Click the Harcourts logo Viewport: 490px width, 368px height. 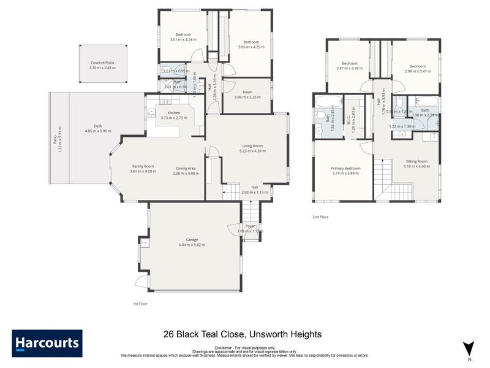tap(47, 343)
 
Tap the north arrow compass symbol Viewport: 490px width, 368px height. tap(469, 348)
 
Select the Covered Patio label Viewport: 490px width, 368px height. tap(102, 63)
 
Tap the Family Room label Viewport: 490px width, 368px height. tap(143, 166)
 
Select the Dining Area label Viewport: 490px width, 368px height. tap(186, 168)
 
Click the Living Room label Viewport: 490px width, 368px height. tap(252, 146)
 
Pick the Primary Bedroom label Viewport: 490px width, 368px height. tap(345, 168)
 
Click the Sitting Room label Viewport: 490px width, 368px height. tap(415, 161)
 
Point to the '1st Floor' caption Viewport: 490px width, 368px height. tap(140, 304)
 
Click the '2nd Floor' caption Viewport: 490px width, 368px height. tap(320, 217)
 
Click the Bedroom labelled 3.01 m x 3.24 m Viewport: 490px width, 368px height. tap(183, 34)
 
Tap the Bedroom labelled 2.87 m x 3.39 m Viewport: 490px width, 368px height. tap(350, 63)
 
